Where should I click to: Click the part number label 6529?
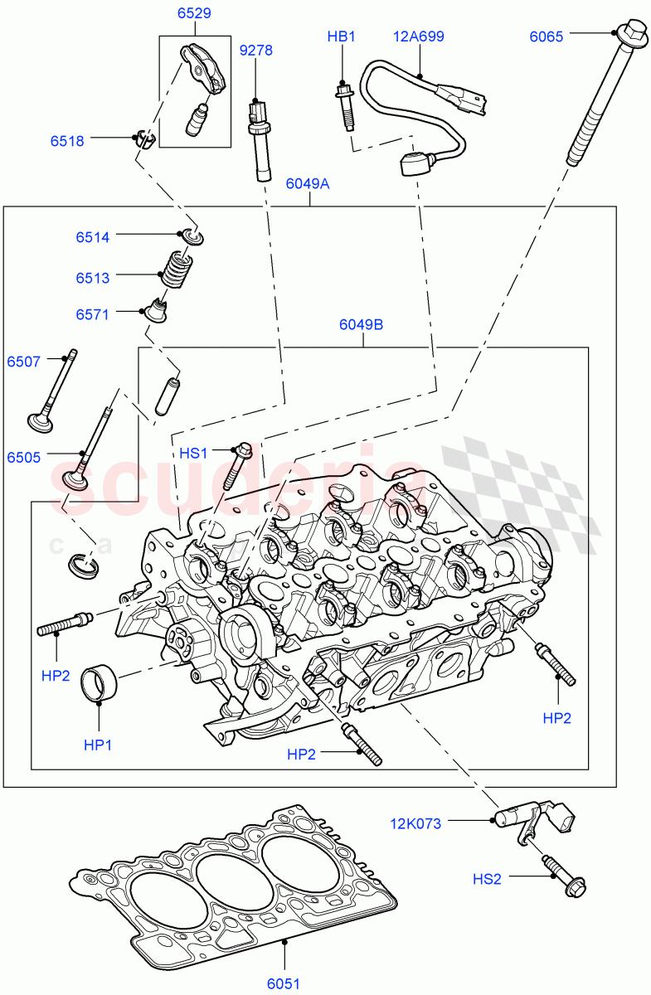[193, 13]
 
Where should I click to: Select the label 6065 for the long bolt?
[547, 36]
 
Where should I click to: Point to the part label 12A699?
[419, 36]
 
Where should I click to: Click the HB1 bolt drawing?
[344, 104]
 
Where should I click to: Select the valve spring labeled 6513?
[172, 269]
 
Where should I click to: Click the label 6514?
[93, 237]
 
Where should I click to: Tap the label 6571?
[93, 315]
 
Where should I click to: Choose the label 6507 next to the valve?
[25, 362]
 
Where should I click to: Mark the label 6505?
[25, 457]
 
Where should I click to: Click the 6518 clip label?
[67, 141]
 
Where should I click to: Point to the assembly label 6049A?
[307, 184]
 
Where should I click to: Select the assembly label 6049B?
[361, 325]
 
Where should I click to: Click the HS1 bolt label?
[193, 453]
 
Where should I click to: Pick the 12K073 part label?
[415, 823]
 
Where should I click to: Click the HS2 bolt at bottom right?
[566, 878]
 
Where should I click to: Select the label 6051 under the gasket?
[283, 983]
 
